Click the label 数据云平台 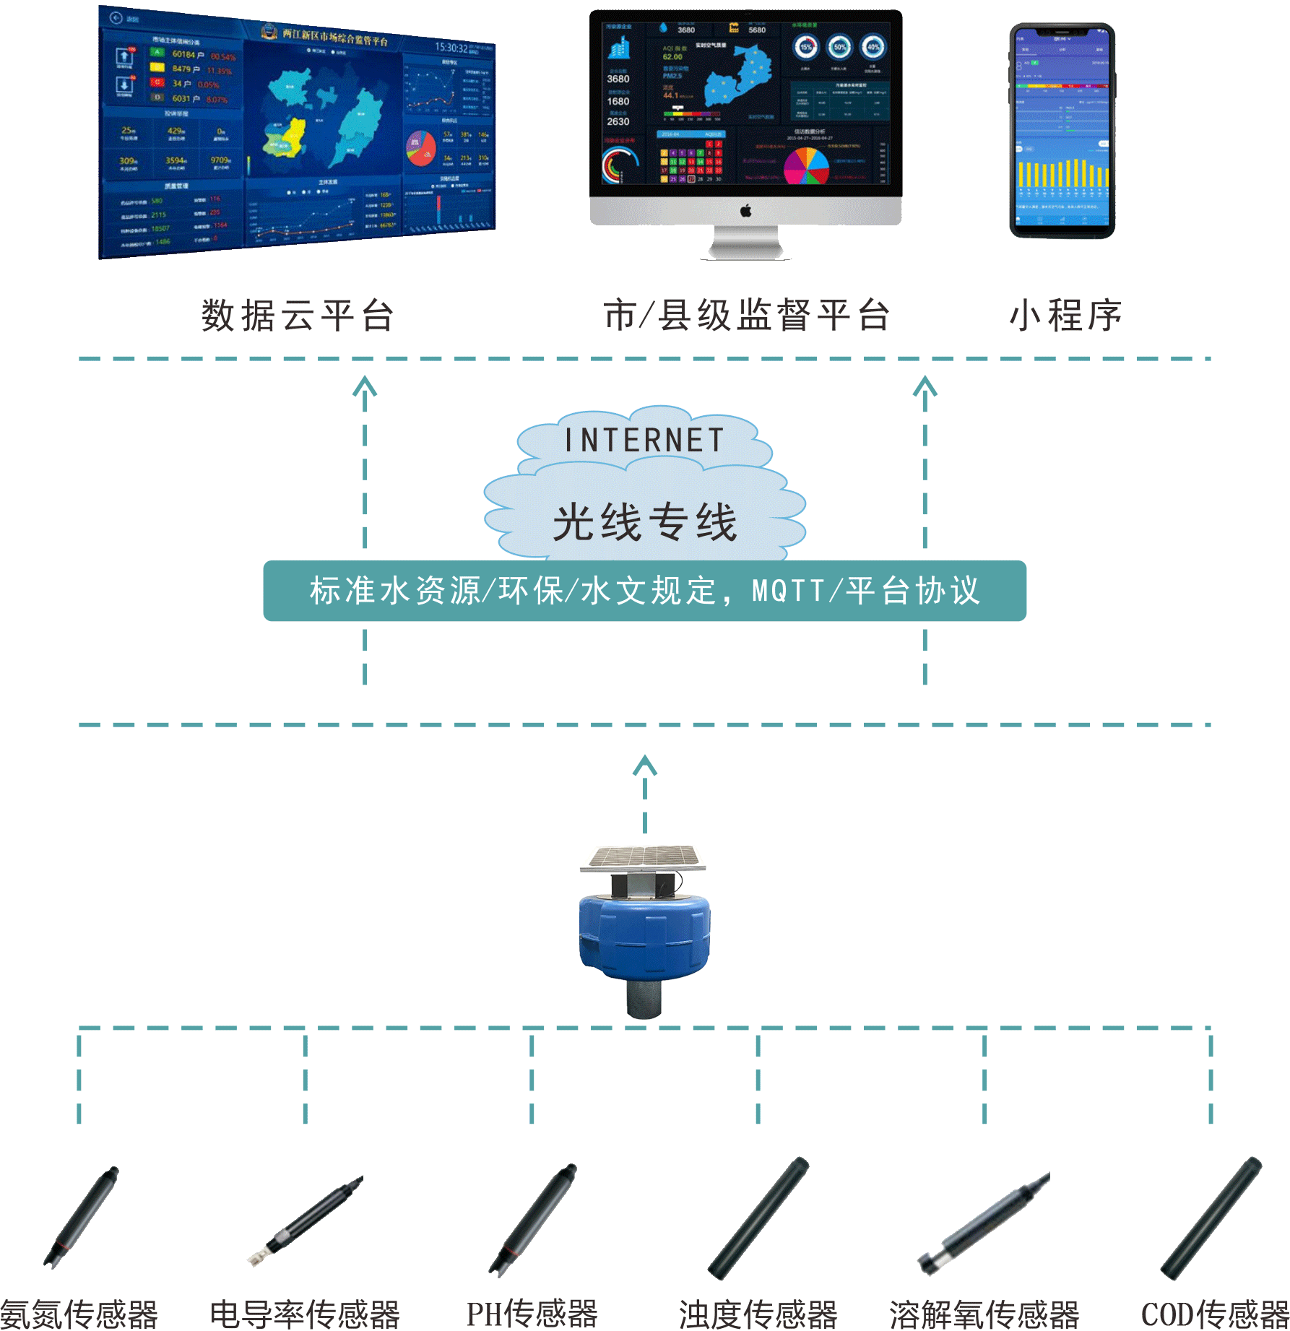click(x=298, y=316)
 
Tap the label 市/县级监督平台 click(x=746, y=316)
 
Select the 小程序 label click(x=1065, y=316)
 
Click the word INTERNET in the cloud click(x=644, y=441)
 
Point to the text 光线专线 click(x=644, y=522)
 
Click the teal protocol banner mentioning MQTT click(x=644, y=591)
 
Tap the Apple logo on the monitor click(x=746, y=211)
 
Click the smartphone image click(x=1062, y=130)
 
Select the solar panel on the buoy click(x=644, y=857)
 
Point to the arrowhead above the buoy click(x=644, y=766)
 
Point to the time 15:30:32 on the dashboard click(x=451, y=48)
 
